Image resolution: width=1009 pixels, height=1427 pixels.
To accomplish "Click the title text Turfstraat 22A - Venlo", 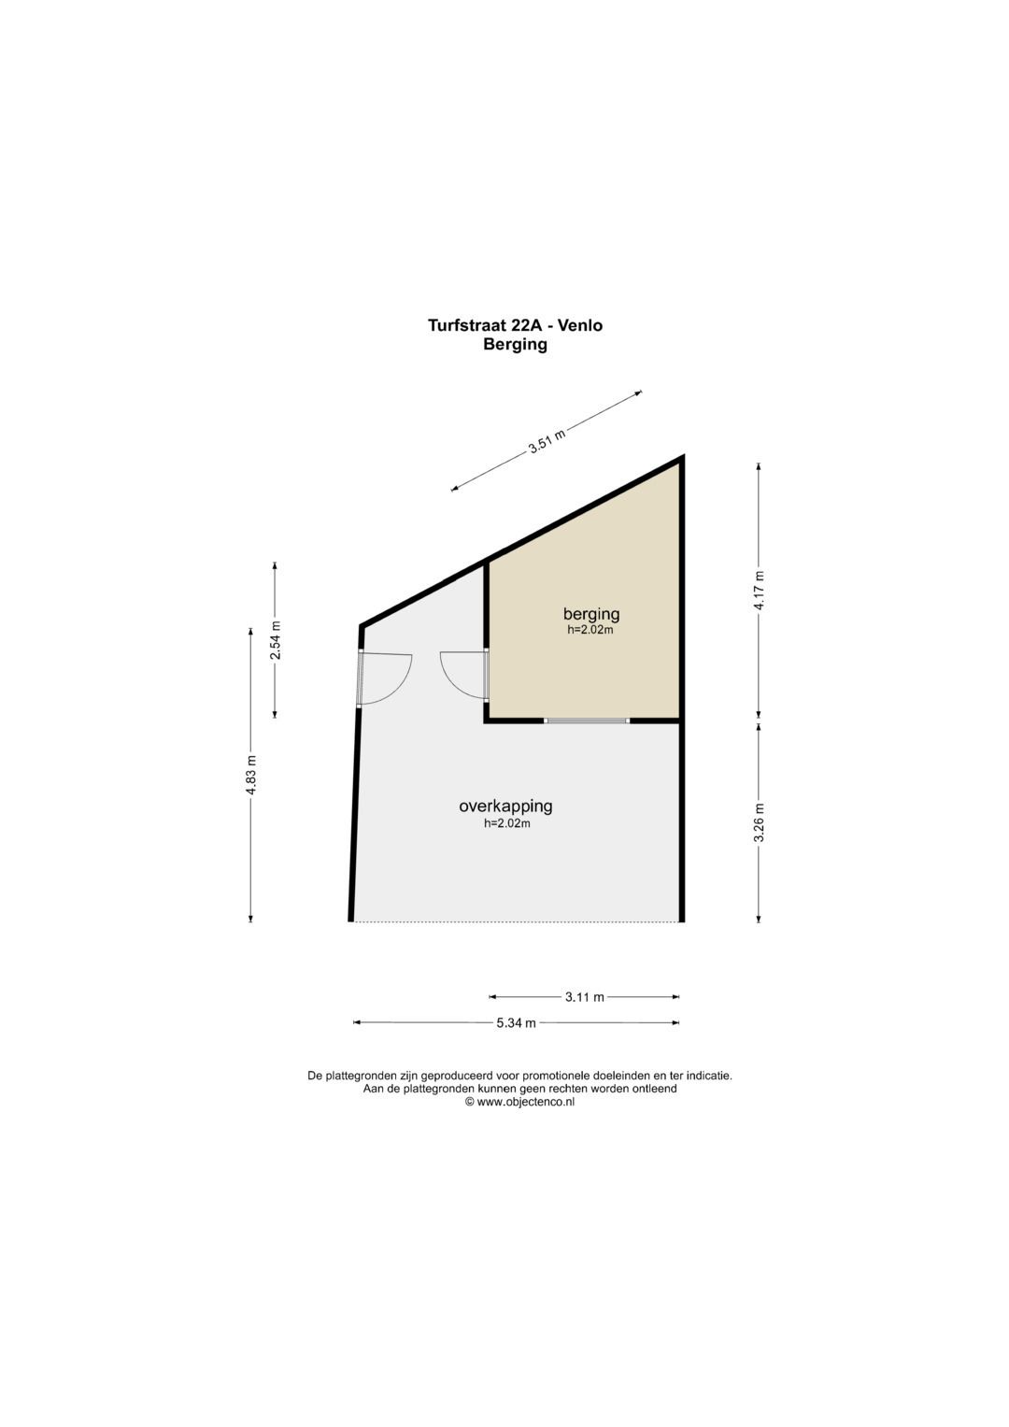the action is [x=516, y=325].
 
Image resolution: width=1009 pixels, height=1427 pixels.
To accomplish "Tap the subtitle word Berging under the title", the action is [x=516, y=345].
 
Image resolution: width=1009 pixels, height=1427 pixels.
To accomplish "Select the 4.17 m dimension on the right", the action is [x=759, y=590].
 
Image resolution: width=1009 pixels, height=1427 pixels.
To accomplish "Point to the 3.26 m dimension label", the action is [x=759, y=821].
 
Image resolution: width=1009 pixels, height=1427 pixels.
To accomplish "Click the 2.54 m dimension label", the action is [x=276, y=640].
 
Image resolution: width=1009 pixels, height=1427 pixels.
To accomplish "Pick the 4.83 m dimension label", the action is [x=251, y=774].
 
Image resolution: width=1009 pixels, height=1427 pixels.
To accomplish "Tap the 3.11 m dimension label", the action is [x=584, y=997].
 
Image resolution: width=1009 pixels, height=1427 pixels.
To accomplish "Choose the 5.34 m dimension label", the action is [x=516, y=1023].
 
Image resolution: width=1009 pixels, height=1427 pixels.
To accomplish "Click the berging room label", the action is [x=591, y=614].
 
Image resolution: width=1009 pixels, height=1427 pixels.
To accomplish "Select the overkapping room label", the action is [x=505, y=806].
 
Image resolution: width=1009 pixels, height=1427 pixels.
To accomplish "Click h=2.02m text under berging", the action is [x=590, y=630].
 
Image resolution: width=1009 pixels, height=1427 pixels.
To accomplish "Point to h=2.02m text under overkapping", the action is [x=507, y=823].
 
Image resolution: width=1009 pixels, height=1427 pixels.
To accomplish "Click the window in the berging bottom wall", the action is [x=587, y=721].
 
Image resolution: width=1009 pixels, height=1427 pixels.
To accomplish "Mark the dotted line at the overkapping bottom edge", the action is [x=517, y=921].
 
